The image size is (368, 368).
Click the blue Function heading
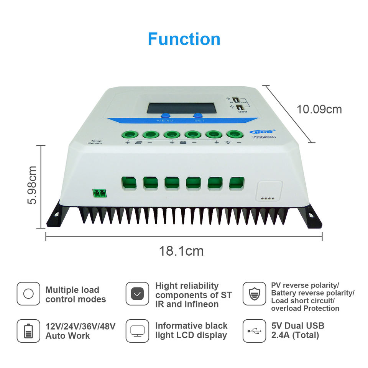click(x=184, y=39)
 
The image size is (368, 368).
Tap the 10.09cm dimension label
click(x=319, y=110)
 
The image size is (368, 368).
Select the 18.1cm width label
click(x=181, y=251)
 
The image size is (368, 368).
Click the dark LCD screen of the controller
click(x=182, y=108)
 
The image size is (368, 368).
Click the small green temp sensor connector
click(x=99, y=193)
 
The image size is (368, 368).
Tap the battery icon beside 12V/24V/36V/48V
click(x=28, y=331)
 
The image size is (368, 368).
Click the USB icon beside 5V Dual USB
click(x=255, y=331)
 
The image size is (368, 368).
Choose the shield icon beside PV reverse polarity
click(x=255, y=294)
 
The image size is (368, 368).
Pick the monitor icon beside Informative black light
click(x=137, y=331)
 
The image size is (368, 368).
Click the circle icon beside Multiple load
click(x=28, y=294)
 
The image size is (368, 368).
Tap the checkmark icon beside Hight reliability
click(x=137, y=294)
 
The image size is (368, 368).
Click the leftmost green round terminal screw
click(x=129, y=135)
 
